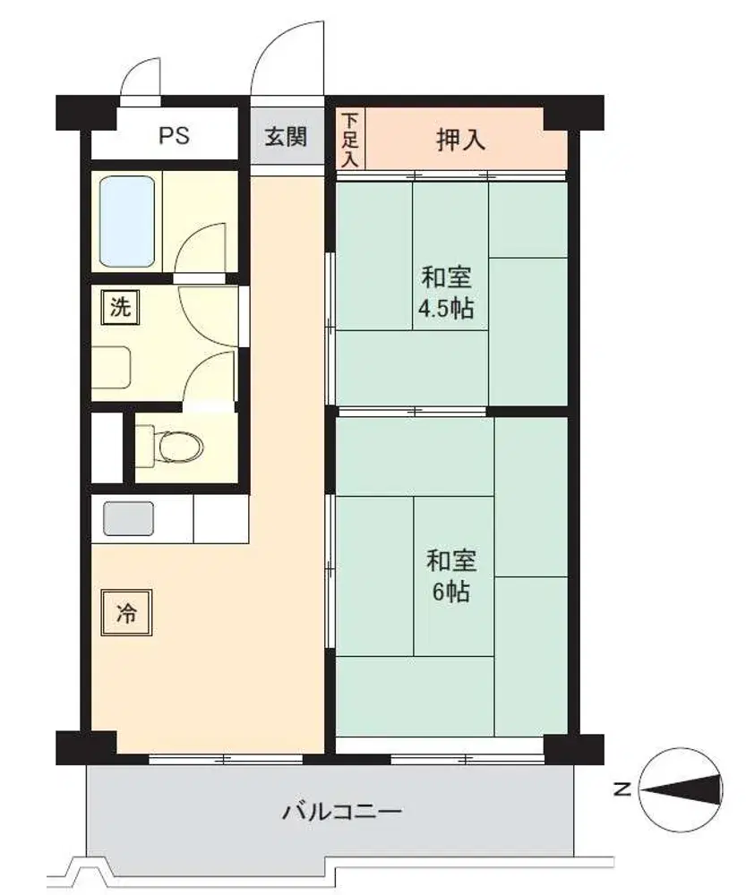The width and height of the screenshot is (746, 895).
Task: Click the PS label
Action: [174, 136]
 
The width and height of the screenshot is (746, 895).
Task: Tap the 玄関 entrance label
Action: [286, 137]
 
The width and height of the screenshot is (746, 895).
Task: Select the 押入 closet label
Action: [461, 140]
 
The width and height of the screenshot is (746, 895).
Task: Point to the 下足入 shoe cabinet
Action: [350, 140]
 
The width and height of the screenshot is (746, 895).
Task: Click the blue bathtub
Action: [127, 221]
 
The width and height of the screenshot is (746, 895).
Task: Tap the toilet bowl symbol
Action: [177, 446]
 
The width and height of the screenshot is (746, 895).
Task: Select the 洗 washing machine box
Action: [120, 308]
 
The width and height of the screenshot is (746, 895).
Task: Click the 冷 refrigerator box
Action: [126, 613]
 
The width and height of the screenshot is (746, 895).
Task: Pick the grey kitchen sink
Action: [128, 519]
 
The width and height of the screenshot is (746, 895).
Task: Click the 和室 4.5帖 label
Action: [446, 294]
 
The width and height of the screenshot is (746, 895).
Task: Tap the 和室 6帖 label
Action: [451, 575]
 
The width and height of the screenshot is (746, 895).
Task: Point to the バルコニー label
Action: [342, 811]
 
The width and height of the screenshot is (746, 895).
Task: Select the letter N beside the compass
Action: [622, 790]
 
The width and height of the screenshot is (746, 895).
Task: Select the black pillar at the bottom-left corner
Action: [86, 748]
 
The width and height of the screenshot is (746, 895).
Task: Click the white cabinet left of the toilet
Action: [107, 448]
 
